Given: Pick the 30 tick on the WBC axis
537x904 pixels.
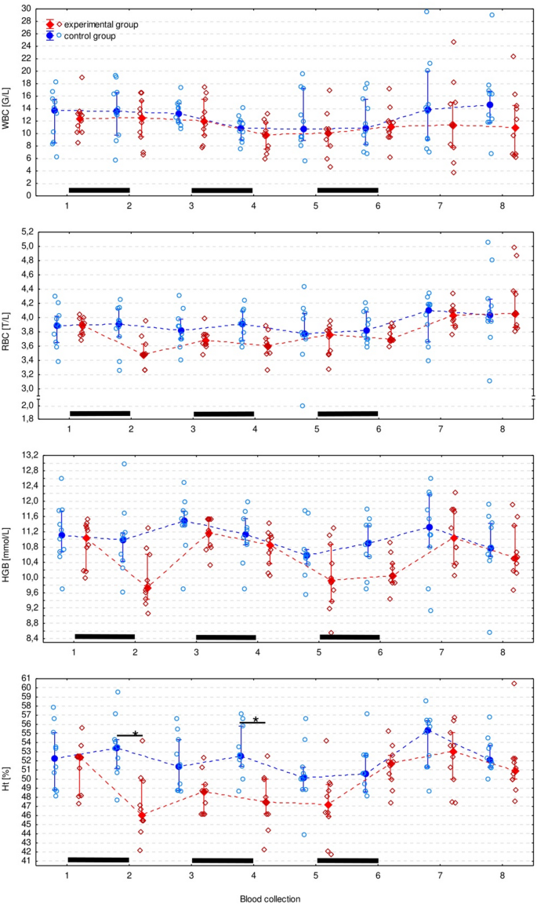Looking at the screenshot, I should tap(27, 9).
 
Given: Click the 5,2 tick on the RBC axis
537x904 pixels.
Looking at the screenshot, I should tap(27, 232).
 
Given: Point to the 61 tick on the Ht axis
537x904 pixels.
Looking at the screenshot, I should tap(27, 678).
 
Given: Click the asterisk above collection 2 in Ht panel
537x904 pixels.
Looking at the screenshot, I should tap(136, 734).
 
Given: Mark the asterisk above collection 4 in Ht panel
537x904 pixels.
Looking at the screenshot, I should tap(256, 720).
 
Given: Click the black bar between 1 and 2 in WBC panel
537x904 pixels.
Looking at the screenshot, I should tap(99, 190).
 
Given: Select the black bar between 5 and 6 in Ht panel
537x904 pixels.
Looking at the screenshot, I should tap(347, 860).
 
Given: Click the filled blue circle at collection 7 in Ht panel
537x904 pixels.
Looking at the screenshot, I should tap(428, 731).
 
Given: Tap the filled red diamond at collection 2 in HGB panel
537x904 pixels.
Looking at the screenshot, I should tap(147, 587).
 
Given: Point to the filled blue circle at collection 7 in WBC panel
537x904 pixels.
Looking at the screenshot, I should tap(427, 110).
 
